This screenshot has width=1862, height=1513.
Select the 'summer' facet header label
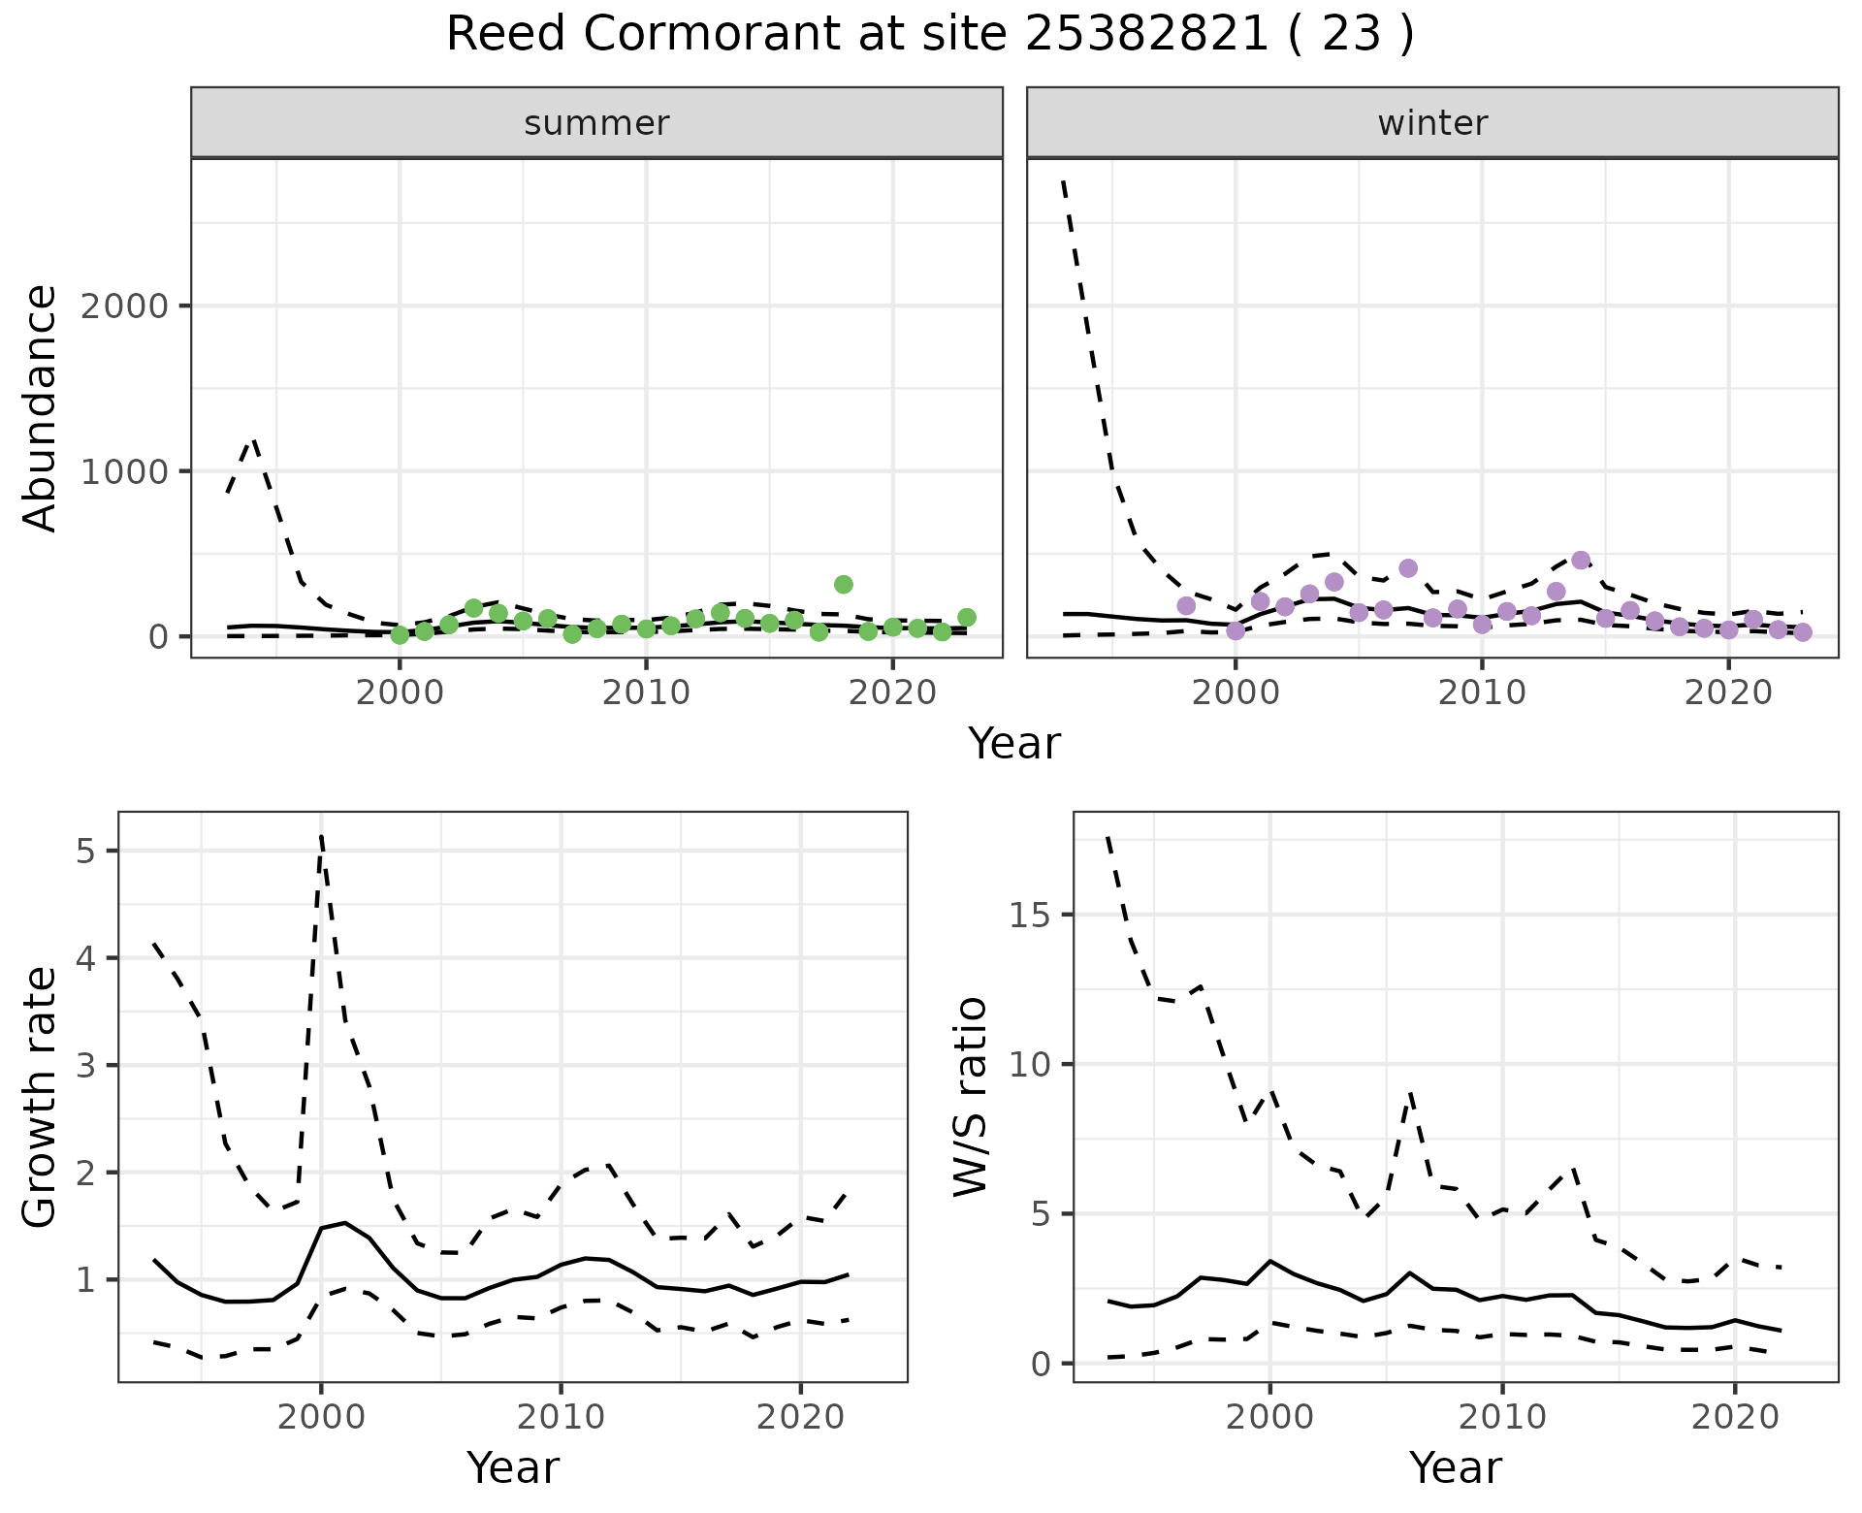coord(596,123)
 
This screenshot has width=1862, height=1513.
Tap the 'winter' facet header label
coord(1432,123)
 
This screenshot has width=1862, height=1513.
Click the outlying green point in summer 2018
coord(843,584)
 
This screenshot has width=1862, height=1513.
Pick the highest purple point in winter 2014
coord(1581,561)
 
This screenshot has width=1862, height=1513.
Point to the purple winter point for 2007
coord(1408,568)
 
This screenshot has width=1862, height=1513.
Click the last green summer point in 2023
coord(966,617)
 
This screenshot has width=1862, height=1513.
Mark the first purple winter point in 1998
coord(1186,606)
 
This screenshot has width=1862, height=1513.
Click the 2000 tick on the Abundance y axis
coord(123,306)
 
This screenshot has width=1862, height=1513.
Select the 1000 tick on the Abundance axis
coord(123,472)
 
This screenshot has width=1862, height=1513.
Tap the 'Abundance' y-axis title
coord(41,407)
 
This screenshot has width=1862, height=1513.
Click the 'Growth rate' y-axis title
coord(41,1097)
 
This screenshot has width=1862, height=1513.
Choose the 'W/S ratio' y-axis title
coord(970,1097)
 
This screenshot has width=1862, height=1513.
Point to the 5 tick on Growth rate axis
coord(88,852)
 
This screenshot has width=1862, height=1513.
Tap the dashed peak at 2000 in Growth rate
coord(321,836)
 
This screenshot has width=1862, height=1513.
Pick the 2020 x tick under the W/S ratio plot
coord(1734,1417)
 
